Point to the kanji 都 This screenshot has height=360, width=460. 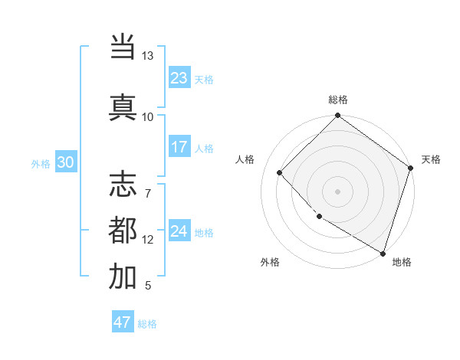tap(123, 231)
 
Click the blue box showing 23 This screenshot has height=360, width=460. tap(179, 78)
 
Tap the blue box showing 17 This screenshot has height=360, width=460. tap(179, 147)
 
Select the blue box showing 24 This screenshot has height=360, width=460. tap(179, 231)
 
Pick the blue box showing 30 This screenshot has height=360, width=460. tap(65, 162)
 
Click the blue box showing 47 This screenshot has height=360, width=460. tap(123, 322)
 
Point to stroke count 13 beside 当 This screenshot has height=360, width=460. tap(147, 56)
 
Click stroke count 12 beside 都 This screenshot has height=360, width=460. tap(148, 240)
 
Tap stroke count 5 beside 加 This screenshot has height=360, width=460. tap(147, 286)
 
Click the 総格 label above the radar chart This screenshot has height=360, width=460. tap(338, 100)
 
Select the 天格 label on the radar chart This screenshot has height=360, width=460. tap(431, 159)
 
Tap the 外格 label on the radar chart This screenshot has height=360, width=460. tap(270, 262)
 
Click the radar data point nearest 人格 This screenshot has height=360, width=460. tap(280, 172)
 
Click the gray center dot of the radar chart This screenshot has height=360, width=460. tap(337, 191)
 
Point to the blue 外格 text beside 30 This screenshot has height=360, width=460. tap(40, 163)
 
